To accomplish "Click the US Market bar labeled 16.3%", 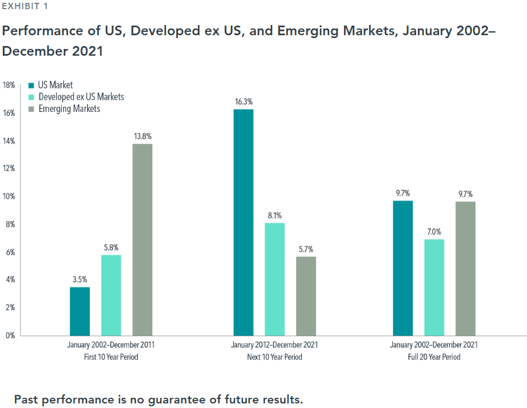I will click(243, 222).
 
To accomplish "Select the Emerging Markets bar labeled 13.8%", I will click(142, 239).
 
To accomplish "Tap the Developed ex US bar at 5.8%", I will click(111, 295).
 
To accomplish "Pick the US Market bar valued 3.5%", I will click(80, 311).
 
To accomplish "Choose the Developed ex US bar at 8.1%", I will click(275, 279).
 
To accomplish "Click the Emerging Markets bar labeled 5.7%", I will click(306, 295).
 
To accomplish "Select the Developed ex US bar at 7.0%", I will click(434, 287).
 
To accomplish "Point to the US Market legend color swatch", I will click(32, 86).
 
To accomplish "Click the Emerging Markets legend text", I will click(69, 109).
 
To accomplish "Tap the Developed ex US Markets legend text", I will click(81, 97).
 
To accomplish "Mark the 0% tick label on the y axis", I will click(10, 335).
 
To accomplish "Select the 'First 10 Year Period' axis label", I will click(111, 357).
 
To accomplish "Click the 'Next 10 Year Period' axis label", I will click(275, 357).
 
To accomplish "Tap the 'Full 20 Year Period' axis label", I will click(434, 357).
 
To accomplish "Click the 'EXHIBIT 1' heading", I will click(25, 6).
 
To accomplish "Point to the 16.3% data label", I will click(243, 102).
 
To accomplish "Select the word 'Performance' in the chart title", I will click(39, 31).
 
